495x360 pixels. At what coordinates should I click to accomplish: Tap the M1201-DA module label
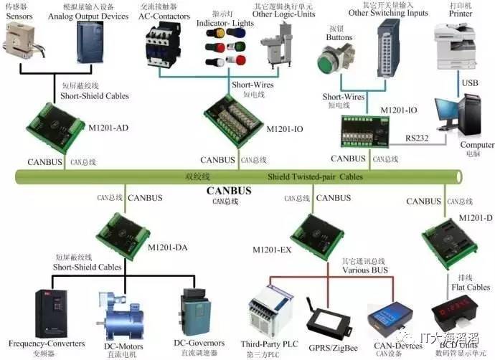(x=169, y=247)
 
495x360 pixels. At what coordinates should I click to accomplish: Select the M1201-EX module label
(x=273, y=250)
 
